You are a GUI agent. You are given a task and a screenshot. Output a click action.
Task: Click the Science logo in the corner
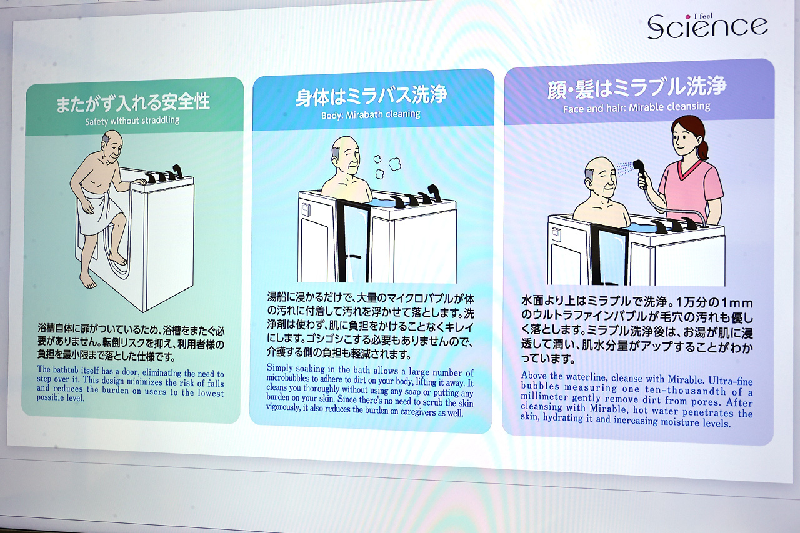point(707,26)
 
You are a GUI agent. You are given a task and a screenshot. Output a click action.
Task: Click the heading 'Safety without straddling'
point(132,121)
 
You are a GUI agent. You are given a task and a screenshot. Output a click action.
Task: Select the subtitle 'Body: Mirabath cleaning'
point(371,115)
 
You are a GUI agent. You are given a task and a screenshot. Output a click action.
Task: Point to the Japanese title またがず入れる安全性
point(133,102)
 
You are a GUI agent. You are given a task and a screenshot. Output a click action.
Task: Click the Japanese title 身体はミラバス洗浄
point(371,96)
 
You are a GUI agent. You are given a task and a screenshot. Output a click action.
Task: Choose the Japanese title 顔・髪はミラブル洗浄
point(637,87)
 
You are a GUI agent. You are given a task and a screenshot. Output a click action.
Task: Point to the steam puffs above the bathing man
point(387,166)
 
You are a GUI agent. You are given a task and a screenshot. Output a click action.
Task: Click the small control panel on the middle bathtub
point(306,209)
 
